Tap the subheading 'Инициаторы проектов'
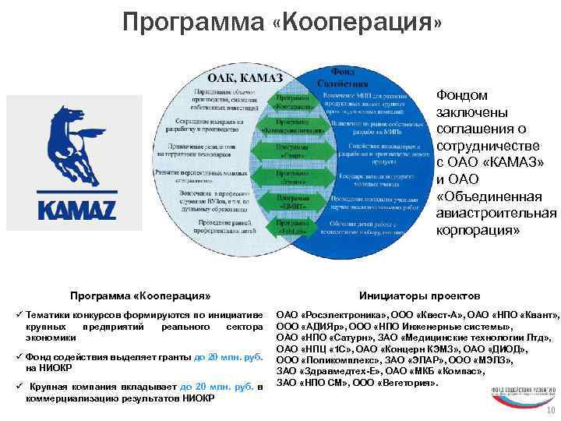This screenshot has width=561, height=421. [x=409, y=295]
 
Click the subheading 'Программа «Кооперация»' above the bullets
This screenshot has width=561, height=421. [x=140, y=296]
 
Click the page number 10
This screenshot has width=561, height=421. [x=551, y=412]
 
